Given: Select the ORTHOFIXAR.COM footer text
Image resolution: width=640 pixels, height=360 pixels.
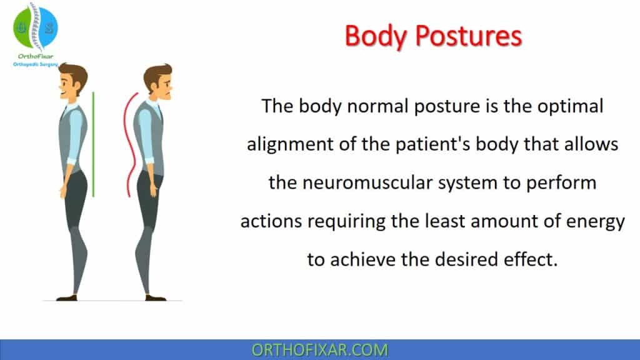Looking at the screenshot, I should coord(319,349).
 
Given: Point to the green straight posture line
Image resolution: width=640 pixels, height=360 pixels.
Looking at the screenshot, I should coord(94,144).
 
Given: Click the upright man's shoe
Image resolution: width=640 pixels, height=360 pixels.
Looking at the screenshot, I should coord(67,297).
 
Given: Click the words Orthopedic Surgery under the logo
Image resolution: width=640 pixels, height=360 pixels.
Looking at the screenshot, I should coord(36,63).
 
